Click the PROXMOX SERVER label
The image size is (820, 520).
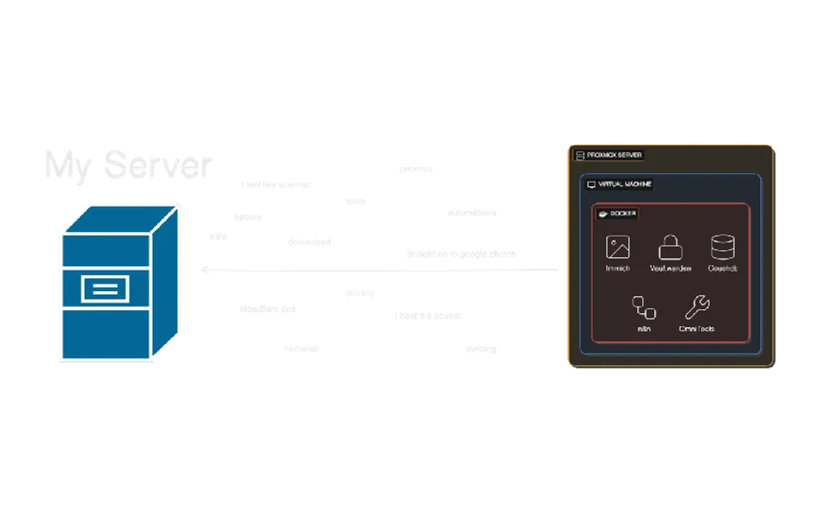pos(615,155)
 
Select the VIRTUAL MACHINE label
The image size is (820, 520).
pos(624,184)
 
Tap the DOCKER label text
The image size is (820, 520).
pos(624,213)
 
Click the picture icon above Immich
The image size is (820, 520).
pos(618,248)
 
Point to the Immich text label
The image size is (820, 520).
pos(618,268)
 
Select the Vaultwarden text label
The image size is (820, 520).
pos(670,268)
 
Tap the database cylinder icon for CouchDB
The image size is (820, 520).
pos(723,248)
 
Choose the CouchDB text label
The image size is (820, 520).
pos(723,268)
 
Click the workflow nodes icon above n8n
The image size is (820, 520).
pos(643,307)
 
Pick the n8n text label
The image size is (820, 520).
pos(644,329)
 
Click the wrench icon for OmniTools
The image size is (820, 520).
pos(697,307)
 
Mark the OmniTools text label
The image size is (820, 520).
pos(697,329)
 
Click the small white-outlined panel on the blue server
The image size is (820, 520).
pos(104,289)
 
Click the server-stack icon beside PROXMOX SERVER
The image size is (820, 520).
pos(580,155)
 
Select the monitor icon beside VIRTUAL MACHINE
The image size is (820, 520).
pos(591,184)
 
